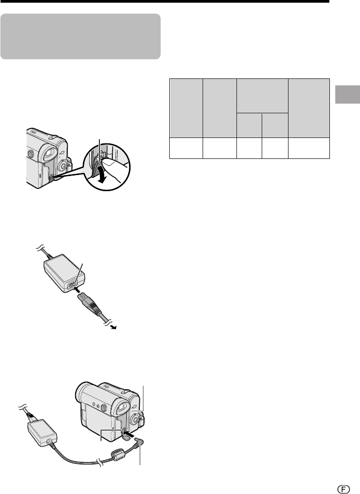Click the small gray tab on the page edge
[x=348, y=94]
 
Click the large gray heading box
[x=81, y=36]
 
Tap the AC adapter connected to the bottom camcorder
[x=42, y=432]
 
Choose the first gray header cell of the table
[x=186, y=108]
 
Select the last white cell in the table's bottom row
[x=309, y=148]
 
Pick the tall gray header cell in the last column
[x=309, y=108]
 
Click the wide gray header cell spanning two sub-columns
[x=262, y=96]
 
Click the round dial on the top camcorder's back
[x=64, y=165]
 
